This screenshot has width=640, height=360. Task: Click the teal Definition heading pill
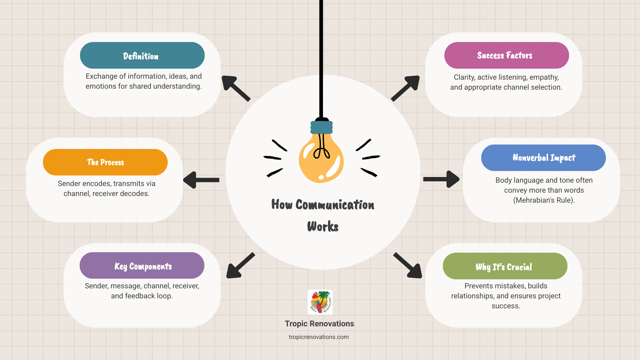(142, 55)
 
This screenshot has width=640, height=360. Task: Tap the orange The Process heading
(105, 162)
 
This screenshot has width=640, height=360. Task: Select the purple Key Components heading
(142, 266)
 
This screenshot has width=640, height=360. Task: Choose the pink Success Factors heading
(506, 55)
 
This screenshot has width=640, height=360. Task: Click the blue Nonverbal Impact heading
(543, 158)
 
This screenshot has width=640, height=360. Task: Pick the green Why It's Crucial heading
(505, 266)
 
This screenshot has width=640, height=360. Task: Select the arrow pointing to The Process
(201, 180)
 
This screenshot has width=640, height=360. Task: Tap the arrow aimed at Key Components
(240, 266)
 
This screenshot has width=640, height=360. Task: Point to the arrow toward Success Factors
(405, 88)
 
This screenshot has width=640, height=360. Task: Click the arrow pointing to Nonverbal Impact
(441, 179)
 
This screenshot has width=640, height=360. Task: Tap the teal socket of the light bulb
(322, 127)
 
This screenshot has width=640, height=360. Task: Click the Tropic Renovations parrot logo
(320, 302)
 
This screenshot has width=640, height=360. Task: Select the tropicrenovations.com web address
(319, 337)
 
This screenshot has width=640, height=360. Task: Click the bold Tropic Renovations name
(319, 324)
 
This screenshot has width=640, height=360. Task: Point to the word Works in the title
(323, 227)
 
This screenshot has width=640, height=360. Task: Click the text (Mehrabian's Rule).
(544, 200)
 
